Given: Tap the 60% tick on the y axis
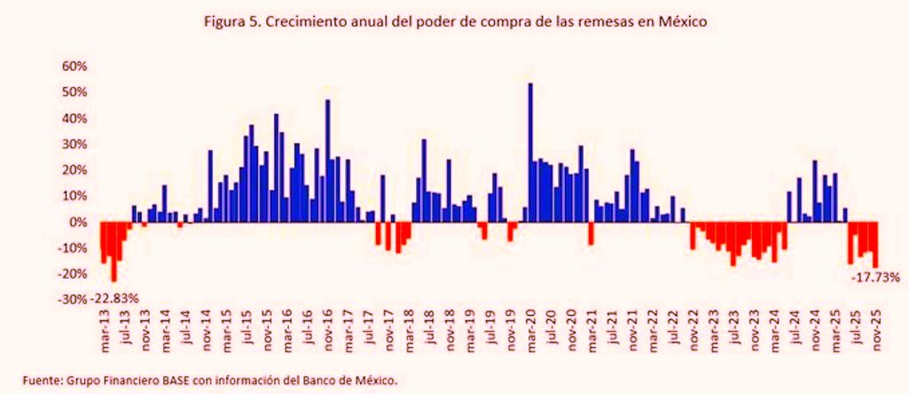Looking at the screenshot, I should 74,67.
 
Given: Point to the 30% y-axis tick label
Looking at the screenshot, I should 74,145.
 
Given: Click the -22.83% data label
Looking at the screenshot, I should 114,298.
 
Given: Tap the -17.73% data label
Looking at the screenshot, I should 875,278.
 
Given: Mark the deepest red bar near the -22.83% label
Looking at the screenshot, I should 114,251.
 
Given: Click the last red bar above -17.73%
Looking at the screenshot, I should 876,244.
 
